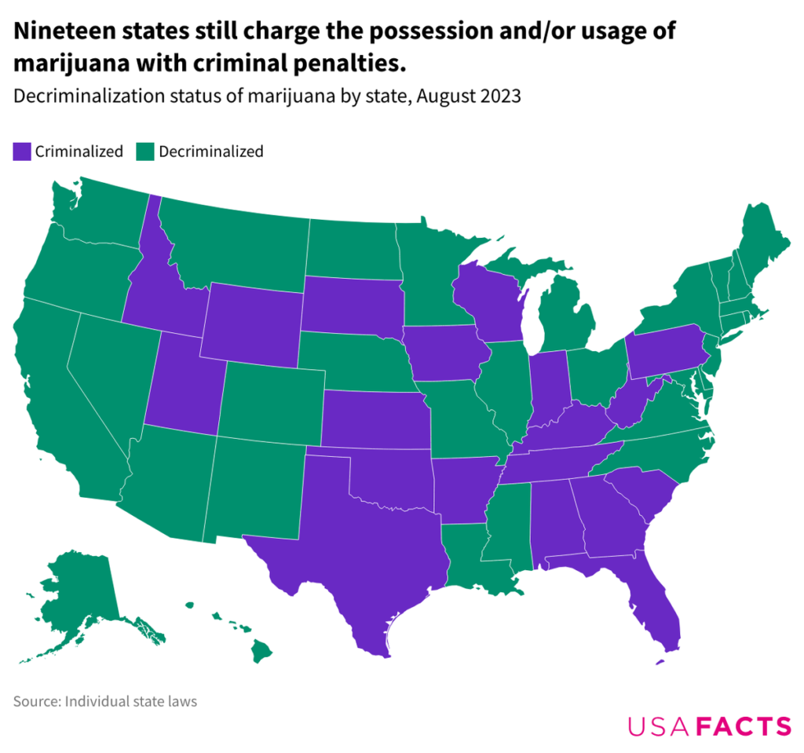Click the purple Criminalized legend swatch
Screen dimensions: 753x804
click(21, 152)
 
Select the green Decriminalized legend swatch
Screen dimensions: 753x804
click(145, 152)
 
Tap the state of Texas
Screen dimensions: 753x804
click(361, 550)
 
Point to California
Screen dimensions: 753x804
click(55, 393)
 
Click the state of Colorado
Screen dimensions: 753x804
click(271, 400)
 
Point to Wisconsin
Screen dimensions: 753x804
click(487, 302)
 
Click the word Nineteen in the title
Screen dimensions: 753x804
click(64, 31)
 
